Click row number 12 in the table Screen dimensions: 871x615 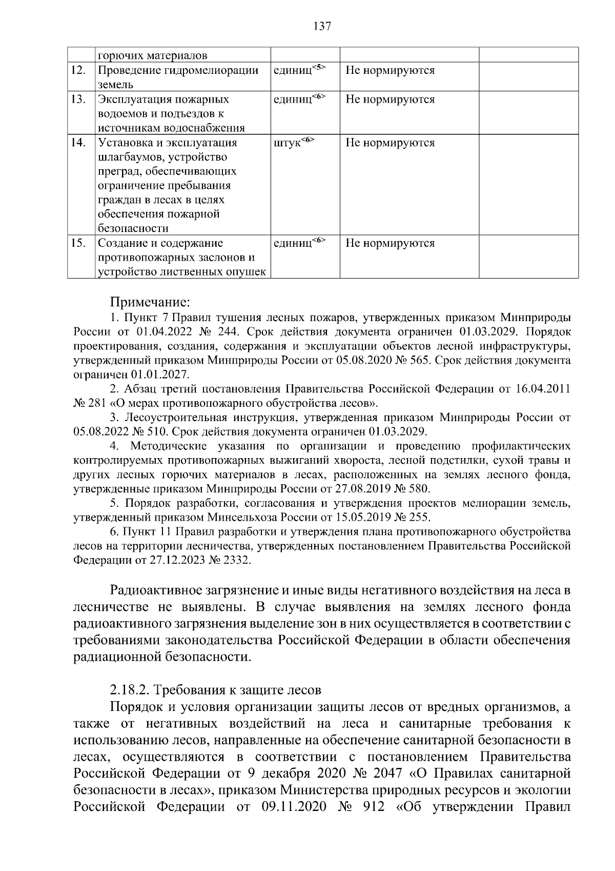click(x=78, y=70)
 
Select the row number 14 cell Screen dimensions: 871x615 click(x=78, y=143)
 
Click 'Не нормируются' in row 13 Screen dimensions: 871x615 click(x=390, y=100)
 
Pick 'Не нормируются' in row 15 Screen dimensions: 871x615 click(x=390, y=243)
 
